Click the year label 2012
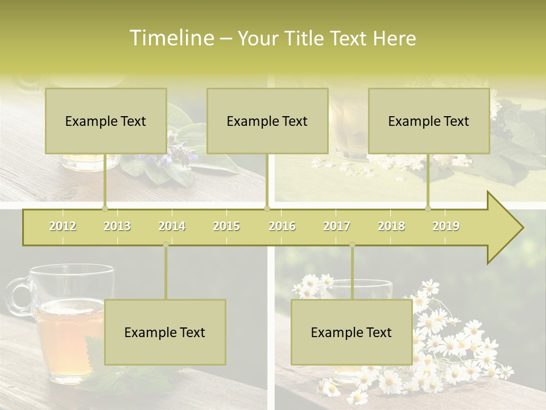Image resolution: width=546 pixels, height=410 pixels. (x=63, y=226)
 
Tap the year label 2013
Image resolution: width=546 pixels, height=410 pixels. (x=117, y=226)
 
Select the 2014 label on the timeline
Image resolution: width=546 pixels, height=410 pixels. (x=172, y=226)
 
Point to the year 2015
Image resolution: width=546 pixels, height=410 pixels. (x=226, y=226)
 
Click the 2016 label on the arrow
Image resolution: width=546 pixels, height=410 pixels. (x=282, y=226)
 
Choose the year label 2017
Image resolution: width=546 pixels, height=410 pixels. (x=337, y=226)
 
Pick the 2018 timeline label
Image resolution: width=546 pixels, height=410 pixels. (x=391, y=226)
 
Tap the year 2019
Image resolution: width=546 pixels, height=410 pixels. (x=446, y=226)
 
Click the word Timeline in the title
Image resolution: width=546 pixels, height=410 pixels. (x=171, y=38)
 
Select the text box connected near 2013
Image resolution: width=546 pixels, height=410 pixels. (x=106, y=121)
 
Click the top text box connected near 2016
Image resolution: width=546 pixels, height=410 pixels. (x=267, y=121)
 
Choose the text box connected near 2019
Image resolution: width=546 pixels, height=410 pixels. (x=429, y=121)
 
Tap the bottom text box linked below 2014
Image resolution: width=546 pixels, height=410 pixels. (x=165, y=332)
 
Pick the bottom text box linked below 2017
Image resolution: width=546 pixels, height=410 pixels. (x=351, y=332)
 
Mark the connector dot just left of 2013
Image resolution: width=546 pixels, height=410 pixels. (x=105, y=208)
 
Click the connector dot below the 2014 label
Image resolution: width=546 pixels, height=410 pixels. (x=166, y=245)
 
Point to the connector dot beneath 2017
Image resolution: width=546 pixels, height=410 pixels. (x=352, y=245)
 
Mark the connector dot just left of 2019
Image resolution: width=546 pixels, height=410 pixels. (x=428, y=208)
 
